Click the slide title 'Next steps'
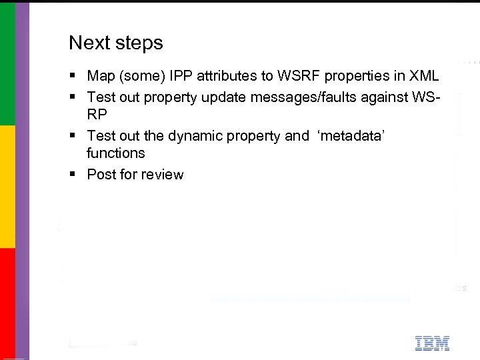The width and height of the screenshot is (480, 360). (115, 43)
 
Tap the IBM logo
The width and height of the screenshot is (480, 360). (432, 343)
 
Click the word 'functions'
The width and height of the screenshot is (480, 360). (115, 153)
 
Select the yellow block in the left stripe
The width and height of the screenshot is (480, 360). (8, 187)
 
